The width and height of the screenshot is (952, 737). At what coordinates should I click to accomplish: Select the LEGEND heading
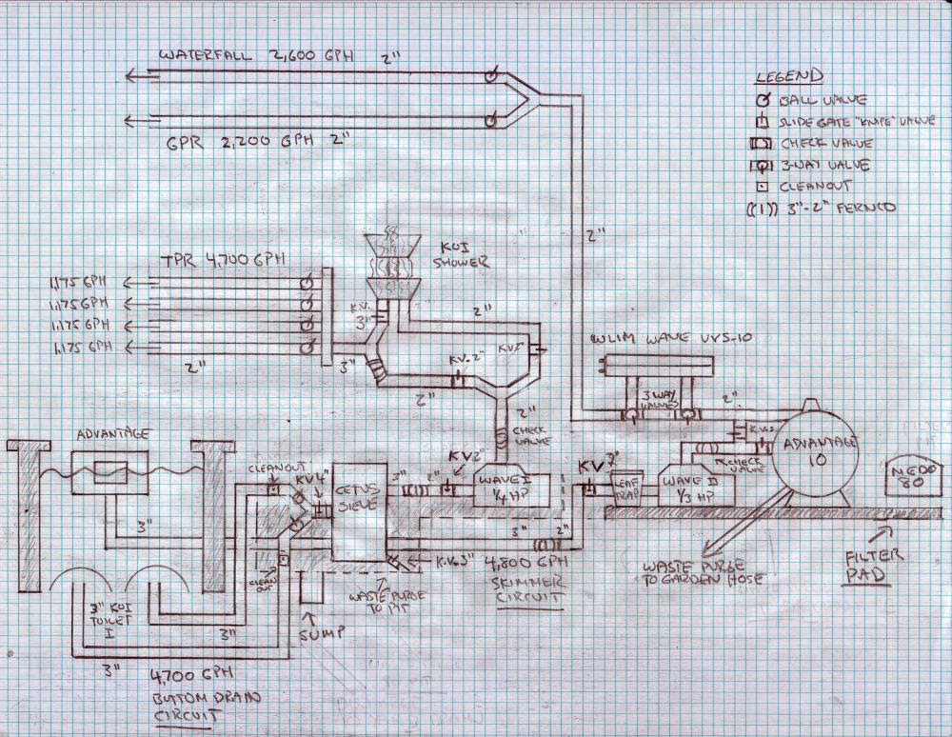tap(788, 77)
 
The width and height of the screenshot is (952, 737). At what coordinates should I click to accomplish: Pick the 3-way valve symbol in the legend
tap(764, 165)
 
